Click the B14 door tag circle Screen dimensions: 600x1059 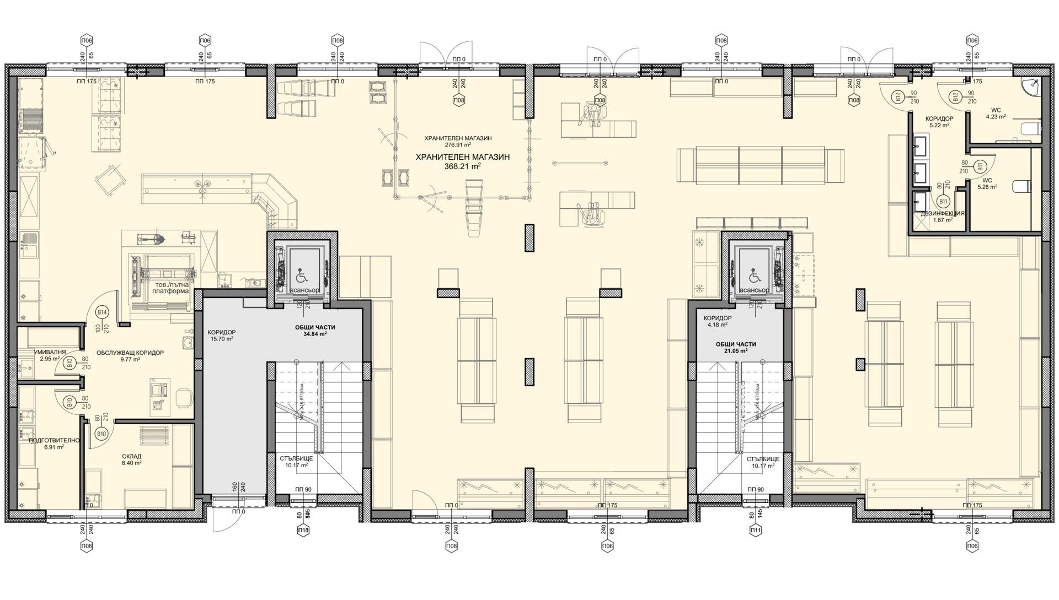102,312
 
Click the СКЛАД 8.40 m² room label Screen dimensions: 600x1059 132,460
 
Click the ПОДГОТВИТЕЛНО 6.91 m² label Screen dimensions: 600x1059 55,444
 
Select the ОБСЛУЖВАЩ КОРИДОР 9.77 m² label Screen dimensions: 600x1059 130,355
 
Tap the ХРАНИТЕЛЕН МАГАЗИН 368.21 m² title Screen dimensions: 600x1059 463,160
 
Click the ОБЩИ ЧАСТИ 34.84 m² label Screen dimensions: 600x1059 315,330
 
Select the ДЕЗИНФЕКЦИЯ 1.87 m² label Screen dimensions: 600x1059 942,216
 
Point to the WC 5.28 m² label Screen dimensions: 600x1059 987,183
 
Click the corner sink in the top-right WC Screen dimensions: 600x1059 1029,87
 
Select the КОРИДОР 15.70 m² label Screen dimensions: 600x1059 222,336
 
